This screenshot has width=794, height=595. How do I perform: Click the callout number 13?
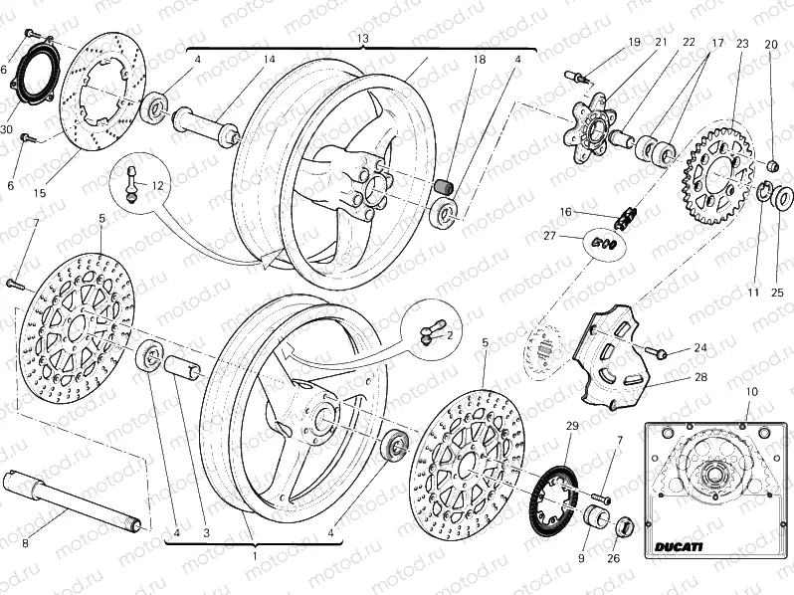pyautogui.click(x=362, y=38)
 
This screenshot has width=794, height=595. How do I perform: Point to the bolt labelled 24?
pyautogui.click(x=657, y=351)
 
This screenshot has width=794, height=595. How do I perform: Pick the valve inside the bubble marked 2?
pyautogui.click(x=429, y=333)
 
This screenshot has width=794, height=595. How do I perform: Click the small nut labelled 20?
pyautogui.click(x=771, y=164)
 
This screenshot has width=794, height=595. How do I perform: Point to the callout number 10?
pyautogui.click(x=750, y=392)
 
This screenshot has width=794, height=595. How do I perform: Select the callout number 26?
pyautogui.click(x=614, y=558)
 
